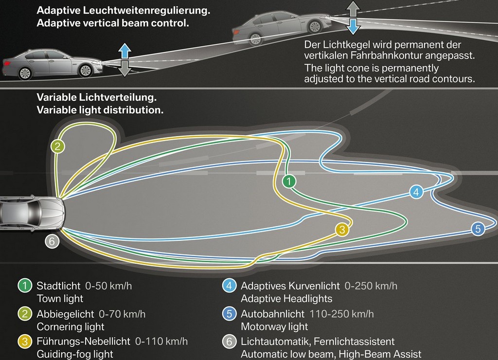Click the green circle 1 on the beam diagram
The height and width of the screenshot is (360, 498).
289,181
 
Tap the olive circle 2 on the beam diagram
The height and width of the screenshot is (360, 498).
58,146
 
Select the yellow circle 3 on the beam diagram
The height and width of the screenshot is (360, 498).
342,230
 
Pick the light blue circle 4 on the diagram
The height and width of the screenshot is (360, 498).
416,192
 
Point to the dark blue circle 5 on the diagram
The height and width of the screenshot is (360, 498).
478,229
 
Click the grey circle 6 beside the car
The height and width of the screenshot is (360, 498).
52,241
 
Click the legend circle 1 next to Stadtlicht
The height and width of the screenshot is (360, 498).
25,286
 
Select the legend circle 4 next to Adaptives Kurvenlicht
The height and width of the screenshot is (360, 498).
230,286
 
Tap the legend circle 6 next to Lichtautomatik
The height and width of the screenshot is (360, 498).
230,342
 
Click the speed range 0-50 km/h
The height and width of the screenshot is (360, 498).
108,286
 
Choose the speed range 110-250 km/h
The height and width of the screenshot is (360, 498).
341,314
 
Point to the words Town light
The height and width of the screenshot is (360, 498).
60,299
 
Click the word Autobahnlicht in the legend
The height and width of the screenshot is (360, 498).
272,314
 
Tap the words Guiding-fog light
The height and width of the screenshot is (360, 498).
75,354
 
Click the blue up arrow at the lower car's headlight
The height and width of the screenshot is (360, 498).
125,51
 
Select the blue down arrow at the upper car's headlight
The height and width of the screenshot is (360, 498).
353,26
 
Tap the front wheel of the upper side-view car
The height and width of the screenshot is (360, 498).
315,27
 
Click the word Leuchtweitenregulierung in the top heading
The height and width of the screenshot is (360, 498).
146,11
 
